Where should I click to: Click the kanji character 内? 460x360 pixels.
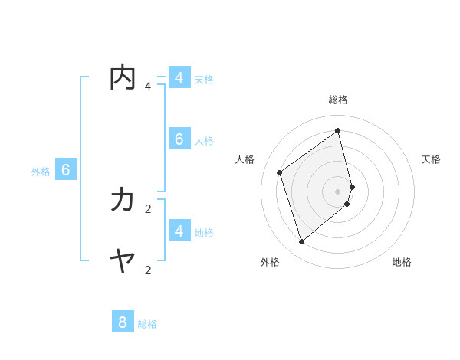123,78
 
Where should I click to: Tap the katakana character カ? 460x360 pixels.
123,201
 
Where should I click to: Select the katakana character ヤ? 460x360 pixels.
123,262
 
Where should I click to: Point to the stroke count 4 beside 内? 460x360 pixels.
148,87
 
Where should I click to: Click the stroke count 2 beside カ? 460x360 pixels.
148,208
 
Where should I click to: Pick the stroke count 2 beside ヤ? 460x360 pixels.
148,270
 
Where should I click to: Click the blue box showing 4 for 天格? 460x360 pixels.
179,78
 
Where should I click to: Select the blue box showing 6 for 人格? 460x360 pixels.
179,139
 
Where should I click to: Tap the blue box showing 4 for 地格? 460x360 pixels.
179,231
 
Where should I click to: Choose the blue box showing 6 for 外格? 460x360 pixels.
66,170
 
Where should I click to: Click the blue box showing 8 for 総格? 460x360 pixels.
123,322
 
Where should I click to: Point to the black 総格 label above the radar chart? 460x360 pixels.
338,100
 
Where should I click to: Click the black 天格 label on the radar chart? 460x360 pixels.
431,159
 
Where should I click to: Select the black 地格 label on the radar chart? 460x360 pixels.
402,262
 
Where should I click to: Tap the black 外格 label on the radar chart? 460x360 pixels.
270,262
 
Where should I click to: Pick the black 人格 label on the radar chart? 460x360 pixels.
245,159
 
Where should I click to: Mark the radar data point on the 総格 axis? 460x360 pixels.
338,131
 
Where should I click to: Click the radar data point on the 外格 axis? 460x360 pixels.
302,242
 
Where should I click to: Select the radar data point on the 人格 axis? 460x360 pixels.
280,172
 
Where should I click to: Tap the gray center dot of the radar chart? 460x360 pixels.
338,191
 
